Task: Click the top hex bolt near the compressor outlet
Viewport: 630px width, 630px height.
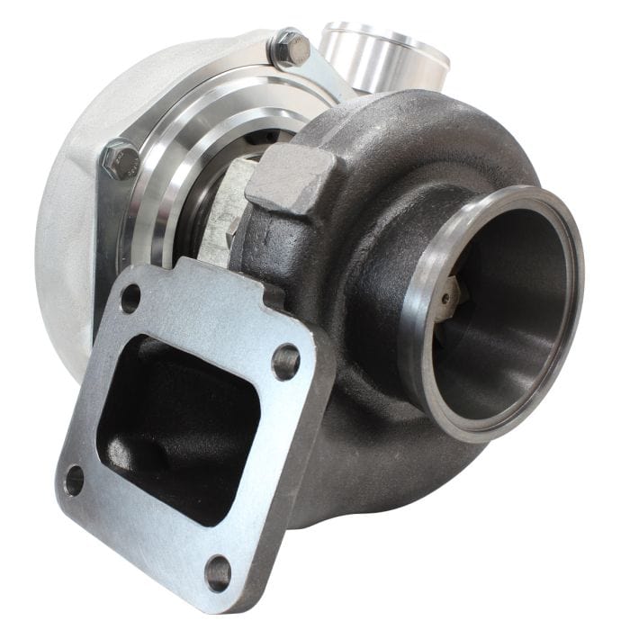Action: pyautogui.click(x=290, y=47)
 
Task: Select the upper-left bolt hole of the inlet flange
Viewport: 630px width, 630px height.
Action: pyautogui.click(x=131, y=298)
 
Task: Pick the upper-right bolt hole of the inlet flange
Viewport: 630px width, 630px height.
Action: pyautogui.click(x=286, y=362)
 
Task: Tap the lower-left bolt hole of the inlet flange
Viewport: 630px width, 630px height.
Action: pyautogui.click(x=74, y=480)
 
